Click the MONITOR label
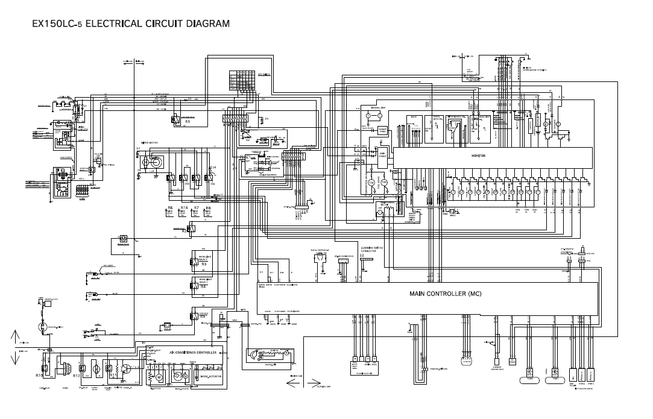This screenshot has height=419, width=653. click(478, 156)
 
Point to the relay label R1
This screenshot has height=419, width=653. click(188, 122)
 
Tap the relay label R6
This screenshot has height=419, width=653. click(170, 208)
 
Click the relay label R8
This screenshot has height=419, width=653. click(208, 208)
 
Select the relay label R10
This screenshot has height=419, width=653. click(39, 375)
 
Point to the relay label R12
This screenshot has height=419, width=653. click(77, 376)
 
